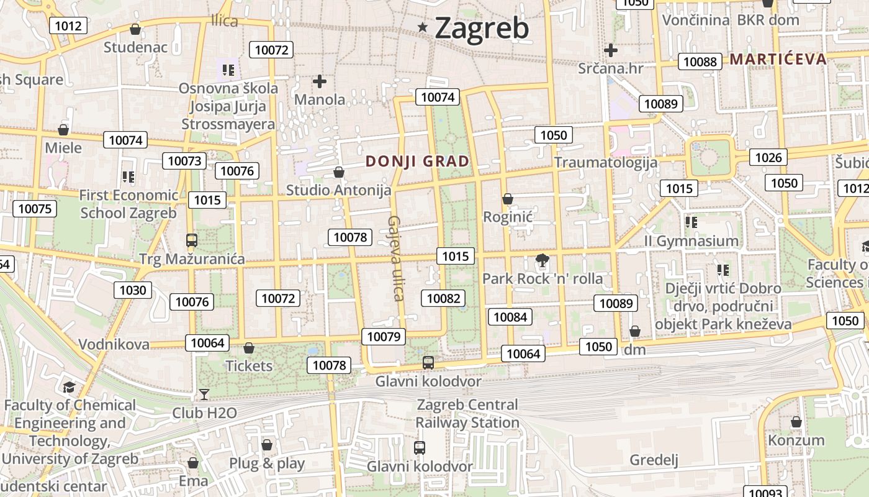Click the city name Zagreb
(482, 28)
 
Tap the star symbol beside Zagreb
(423, 27)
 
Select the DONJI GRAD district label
(417, 162)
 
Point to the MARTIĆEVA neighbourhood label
(778, 59)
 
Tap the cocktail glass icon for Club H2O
(204, 394)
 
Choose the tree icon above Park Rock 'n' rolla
(543, 260)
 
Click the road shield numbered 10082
(444, 298)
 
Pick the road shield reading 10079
(384, 337)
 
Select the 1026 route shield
(768, 157)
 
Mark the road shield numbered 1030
(133, 290)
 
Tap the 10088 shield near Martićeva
(700, 62)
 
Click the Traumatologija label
(605, 163)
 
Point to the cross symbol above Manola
(320, 81)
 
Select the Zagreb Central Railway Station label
(467, 413)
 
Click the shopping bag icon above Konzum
(796, 422)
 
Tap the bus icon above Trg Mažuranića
(192, 240)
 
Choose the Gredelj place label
(654, 460)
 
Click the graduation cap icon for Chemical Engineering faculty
(69, 387)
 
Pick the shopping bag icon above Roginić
(508, 199)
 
